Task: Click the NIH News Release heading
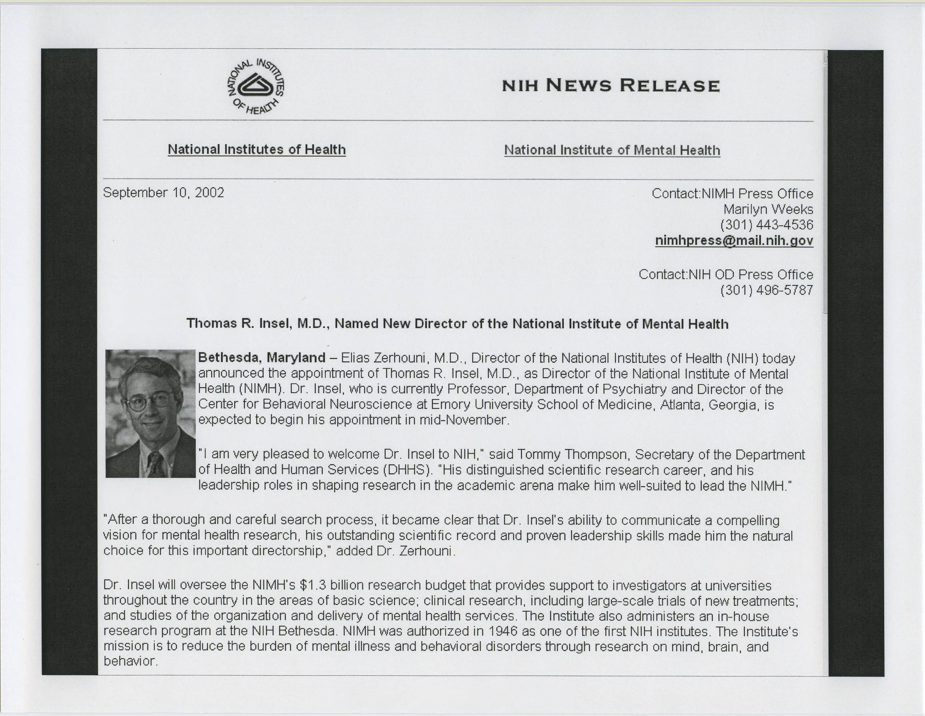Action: coord(611,86)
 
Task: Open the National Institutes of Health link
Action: coord(257,150)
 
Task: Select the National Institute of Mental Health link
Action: coord(612,151)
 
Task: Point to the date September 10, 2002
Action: coord(164,193)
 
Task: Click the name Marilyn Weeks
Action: coord(768,209)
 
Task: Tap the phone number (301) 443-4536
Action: coord(767,225)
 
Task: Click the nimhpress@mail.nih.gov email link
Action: coord(734,241)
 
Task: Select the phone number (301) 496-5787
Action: coord(767,290)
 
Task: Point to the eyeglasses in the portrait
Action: coord(150,400)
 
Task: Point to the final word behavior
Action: coord(130,661)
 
